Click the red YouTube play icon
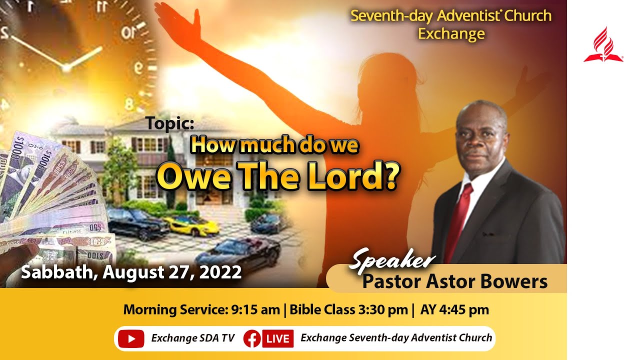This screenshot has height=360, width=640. [131, 338]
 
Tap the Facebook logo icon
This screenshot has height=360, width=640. [252, 338]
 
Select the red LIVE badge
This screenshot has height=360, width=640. [277, 338]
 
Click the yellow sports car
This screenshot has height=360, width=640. [192, 225]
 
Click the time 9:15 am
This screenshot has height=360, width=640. [255, 309]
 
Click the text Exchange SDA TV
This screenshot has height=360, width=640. [193, 338]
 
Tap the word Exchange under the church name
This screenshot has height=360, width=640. [451, 33]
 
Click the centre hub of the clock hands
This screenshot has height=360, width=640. [65, 66]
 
